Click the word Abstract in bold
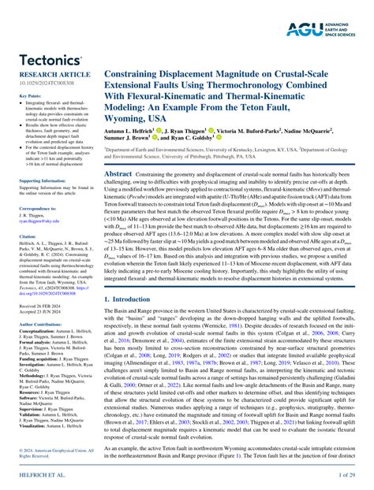point(118,173)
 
